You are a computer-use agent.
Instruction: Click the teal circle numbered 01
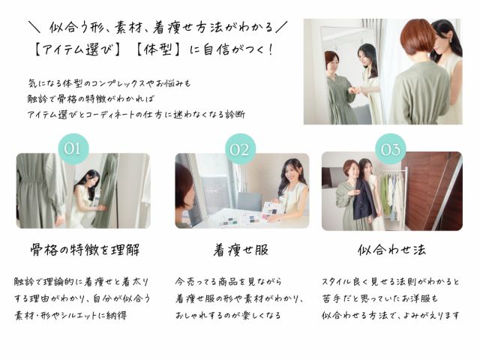point(72,148)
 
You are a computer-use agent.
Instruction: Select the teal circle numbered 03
point(390,148)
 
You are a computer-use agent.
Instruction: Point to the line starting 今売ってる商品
point(228,282)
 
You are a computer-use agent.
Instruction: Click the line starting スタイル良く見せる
point(390,282)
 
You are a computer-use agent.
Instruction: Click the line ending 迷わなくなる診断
point(135,113)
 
